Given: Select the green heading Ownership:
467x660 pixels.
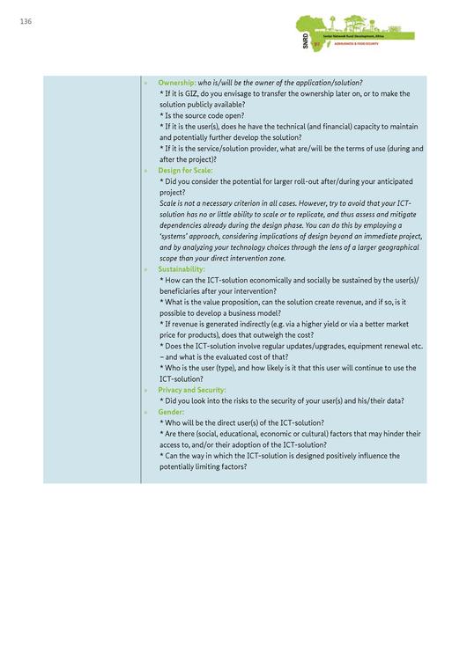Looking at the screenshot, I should pyautogui.click(x=177, y=82).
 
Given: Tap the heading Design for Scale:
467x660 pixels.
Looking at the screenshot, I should pyautogui.click(x=185, y=170).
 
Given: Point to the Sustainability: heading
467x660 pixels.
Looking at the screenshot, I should pyautogui.click(x=182, y=268).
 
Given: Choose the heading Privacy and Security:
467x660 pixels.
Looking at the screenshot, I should pyautogui.click(x=192, y=390).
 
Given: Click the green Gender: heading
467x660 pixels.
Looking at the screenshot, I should pyautogui.click(x=171, y=412).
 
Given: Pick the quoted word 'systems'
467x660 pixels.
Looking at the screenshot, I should pyautogui.click(x=182, y=236).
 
